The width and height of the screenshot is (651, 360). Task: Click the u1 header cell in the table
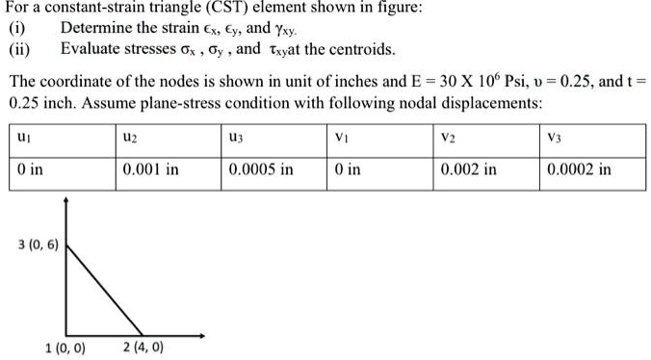tap(21, 139)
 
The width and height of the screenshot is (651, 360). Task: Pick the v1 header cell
tap(342, 139)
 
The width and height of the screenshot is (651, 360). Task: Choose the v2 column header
tap(448, 139)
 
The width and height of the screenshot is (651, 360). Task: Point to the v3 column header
tap(554, 139)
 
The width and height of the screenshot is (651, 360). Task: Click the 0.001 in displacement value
tap(151, 170)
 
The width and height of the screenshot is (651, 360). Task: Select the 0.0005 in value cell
tap(261, 170)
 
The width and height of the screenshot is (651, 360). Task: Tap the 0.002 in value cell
tap(468, 170)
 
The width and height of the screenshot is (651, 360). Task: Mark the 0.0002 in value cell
tap(578, 170)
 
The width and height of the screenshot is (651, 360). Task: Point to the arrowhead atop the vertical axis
tap(65, 202)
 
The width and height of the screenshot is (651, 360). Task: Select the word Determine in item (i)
tap(96, 28)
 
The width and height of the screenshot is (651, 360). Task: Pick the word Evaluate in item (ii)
tap(91, 48)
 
